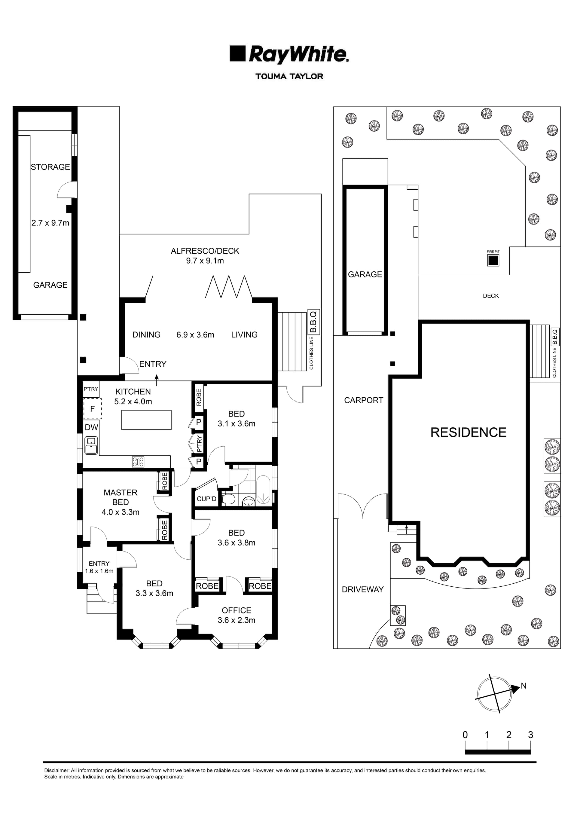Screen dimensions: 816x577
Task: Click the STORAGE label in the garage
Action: pos(50,167)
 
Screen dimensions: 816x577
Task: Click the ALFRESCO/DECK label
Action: pos(205,251)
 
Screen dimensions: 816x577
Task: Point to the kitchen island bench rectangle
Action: pos(146,420)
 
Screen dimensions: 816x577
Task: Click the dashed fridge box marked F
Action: pos(92,409)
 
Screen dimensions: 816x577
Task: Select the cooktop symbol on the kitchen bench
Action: pos(138,462)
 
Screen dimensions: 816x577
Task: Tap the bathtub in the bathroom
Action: pos(263,490)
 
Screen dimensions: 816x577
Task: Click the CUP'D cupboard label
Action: pos(206,499)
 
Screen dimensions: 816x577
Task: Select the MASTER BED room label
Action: pos(121,497)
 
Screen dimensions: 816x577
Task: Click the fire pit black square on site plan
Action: pos(493,261)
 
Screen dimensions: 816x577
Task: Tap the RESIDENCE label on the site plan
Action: pos(468,432)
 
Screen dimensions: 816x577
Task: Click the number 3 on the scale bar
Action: pos(530,735)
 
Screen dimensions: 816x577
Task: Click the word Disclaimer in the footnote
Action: pos(56,771)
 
